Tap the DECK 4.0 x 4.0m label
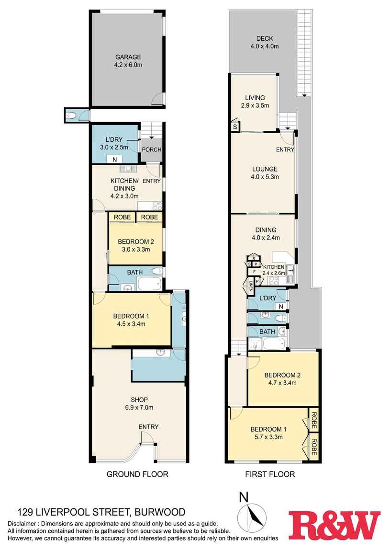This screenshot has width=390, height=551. (264, 43)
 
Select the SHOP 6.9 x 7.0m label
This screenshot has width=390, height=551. (139, 403)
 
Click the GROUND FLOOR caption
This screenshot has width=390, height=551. (137, 474)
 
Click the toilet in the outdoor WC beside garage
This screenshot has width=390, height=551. (71, 115)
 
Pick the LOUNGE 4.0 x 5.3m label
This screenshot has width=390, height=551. (265, 173)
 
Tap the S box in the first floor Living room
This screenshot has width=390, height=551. (235, 127)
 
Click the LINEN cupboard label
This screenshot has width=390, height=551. (250, 287)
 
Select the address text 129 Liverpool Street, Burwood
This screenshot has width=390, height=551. (101, 512)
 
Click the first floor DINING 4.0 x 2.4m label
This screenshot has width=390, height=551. (264, 233)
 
